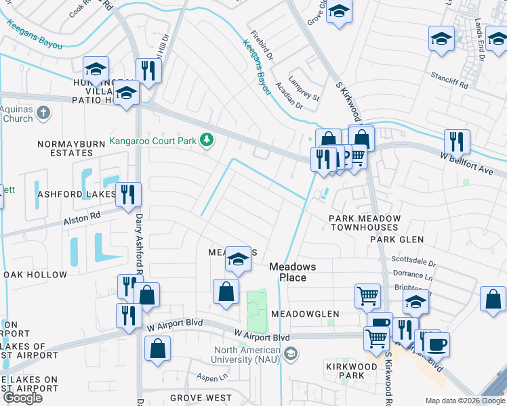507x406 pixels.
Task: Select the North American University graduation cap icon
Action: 291,354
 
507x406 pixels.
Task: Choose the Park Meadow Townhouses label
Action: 365,223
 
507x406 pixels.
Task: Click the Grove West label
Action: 201,398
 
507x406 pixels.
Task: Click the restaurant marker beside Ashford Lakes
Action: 127,194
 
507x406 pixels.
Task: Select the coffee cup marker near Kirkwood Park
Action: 437,344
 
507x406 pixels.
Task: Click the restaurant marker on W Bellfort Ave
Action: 457,141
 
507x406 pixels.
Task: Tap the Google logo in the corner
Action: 22,398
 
